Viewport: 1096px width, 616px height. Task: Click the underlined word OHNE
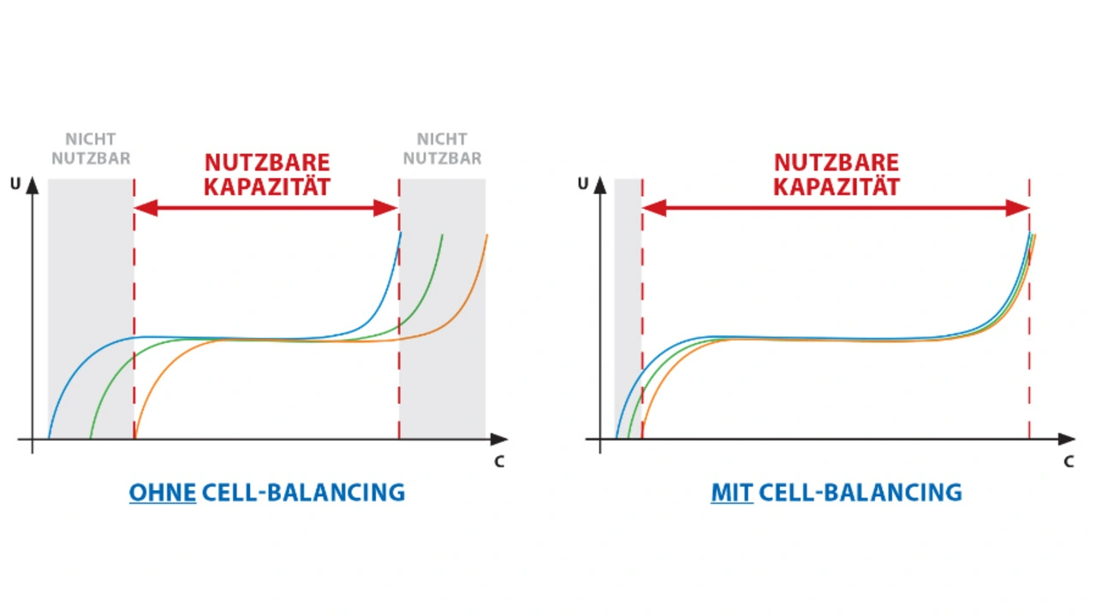coord(163,493)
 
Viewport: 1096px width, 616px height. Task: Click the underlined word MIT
coord(732,493)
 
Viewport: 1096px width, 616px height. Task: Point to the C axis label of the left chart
coord(499,462)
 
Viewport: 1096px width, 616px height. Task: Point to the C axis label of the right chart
coord(1069,462)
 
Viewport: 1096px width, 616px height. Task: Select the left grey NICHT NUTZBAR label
coord(91,149)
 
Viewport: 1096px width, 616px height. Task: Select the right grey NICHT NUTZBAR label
coord(442,149)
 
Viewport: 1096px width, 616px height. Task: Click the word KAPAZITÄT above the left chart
coord(266,187)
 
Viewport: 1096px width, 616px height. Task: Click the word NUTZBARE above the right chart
coord(837,163)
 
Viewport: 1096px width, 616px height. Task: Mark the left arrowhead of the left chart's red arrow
coord(142,208)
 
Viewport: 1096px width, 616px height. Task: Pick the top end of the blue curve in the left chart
coord(400,234)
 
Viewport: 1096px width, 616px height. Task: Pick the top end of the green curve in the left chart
coord(442,234)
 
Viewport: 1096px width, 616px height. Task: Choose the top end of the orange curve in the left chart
coord(486,234)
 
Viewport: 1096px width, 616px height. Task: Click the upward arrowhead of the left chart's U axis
coord(33,184)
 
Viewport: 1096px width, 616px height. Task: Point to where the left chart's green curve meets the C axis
coord(91,438)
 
